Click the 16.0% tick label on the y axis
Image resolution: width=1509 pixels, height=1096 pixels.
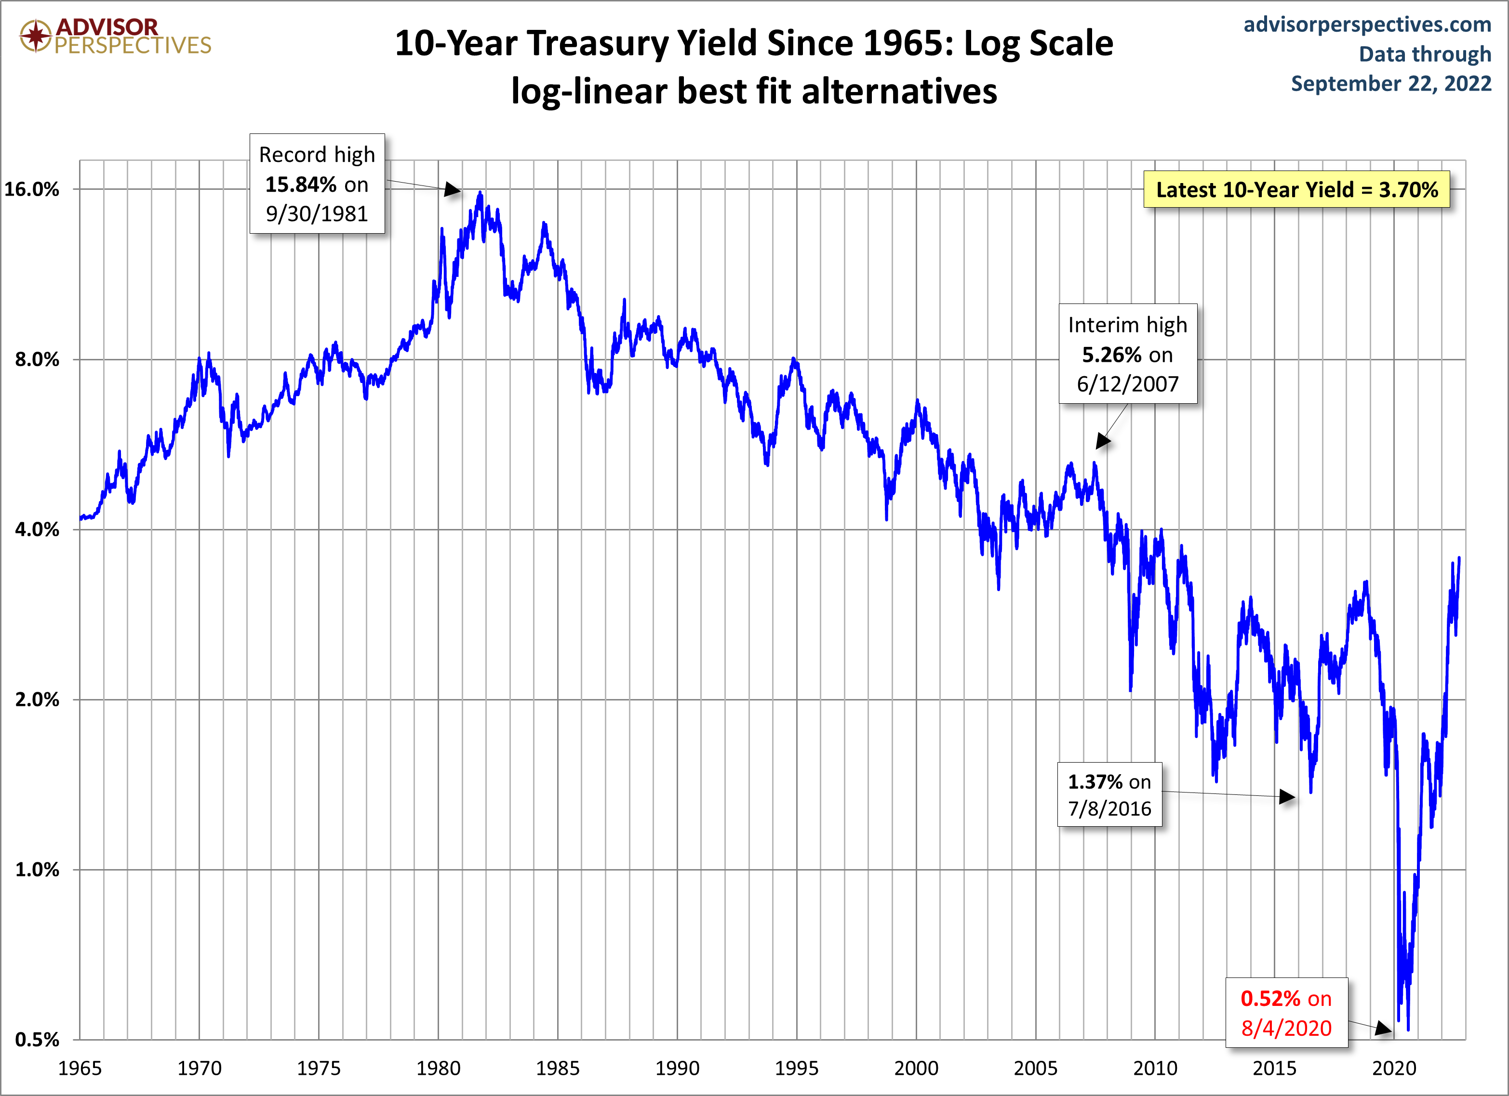pyautogui.click(x=31, y=189)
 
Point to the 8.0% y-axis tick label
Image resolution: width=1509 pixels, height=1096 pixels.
pyautogui.click(x=37, y=360)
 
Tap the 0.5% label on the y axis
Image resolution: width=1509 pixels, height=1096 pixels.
pyautogui.click(x=37, y=1040)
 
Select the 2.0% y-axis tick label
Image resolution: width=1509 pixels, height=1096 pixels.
pyautogui.click(x=37, y=700)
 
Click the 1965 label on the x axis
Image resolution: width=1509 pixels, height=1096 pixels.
pyautogui.click(x=80, y=1068)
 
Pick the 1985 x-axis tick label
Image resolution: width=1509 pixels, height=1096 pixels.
pyautogui.click(x=558, y=1068)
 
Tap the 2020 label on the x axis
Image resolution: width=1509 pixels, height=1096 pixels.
pyautogui.click(x=1394, y=1068)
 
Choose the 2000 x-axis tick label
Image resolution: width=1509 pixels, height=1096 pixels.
pyautogui.click(x=916, y=1068)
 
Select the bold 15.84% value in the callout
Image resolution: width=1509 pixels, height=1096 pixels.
pyautogui.click(x=301, y=184)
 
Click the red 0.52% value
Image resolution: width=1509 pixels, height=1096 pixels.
pyautogui.click(x=1270, y=998)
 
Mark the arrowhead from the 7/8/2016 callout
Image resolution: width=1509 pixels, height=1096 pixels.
pyautogui.click(x=1287, y=797)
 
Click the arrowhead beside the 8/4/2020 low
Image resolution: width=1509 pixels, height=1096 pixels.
pyautogui.click(x=1384, y=1029)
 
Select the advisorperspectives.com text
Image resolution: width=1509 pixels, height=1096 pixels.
pyautogui.click(x=1367, y=25)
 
